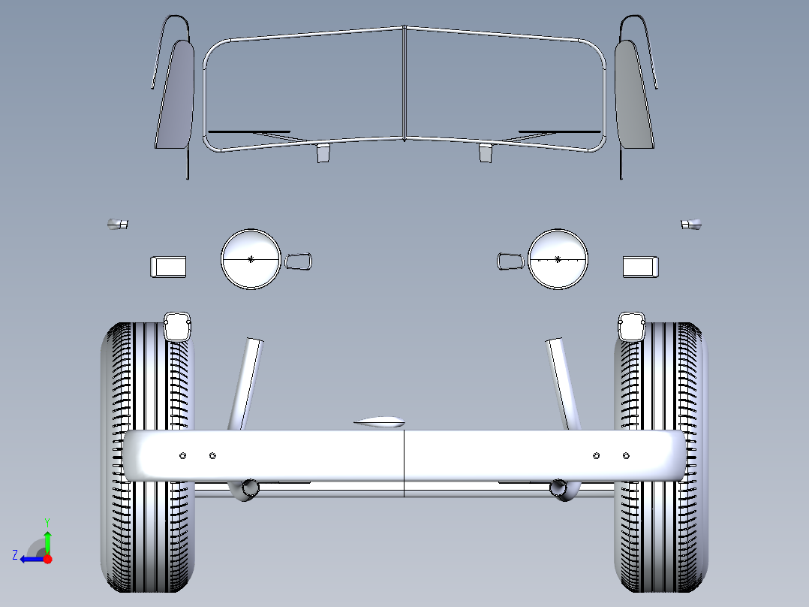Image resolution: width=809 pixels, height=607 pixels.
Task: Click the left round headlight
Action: point(251,259)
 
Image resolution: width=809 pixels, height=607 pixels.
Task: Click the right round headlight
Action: point(558,259)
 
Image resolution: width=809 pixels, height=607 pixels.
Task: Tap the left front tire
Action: point(148,458)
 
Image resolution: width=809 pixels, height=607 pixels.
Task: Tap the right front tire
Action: point(661,458)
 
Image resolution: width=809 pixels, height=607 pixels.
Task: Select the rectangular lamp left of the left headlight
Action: point(168,267)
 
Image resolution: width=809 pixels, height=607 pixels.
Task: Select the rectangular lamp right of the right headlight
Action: point(641,267)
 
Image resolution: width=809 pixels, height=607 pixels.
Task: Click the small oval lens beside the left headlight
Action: point(298,261)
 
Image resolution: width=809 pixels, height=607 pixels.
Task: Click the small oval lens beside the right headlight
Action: point(511,261)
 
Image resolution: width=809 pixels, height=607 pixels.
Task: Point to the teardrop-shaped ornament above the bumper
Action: point(379,422)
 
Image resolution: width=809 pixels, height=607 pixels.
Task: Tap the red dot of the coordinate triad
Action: point(48,559)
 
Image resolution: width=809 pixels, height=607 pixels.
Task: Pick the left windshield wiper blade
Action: point(248,131)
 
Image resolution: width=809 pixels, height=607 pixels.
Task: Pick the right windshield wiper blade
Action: point(560,131)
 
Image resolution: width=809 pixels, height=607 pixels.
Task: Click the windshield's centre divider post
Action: point(404,83)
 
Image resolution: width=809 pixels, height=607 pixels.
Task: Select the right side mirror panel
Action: point(634,95)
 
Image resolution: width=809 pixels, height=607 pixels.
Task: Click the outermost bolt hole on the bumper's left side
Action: point(182,456)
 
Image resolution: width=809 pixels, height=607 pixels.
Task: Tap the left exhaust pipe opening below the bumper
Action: point(250,487)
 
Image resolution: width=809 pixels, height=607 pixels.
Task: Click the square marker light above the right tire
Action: point(632,327)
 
